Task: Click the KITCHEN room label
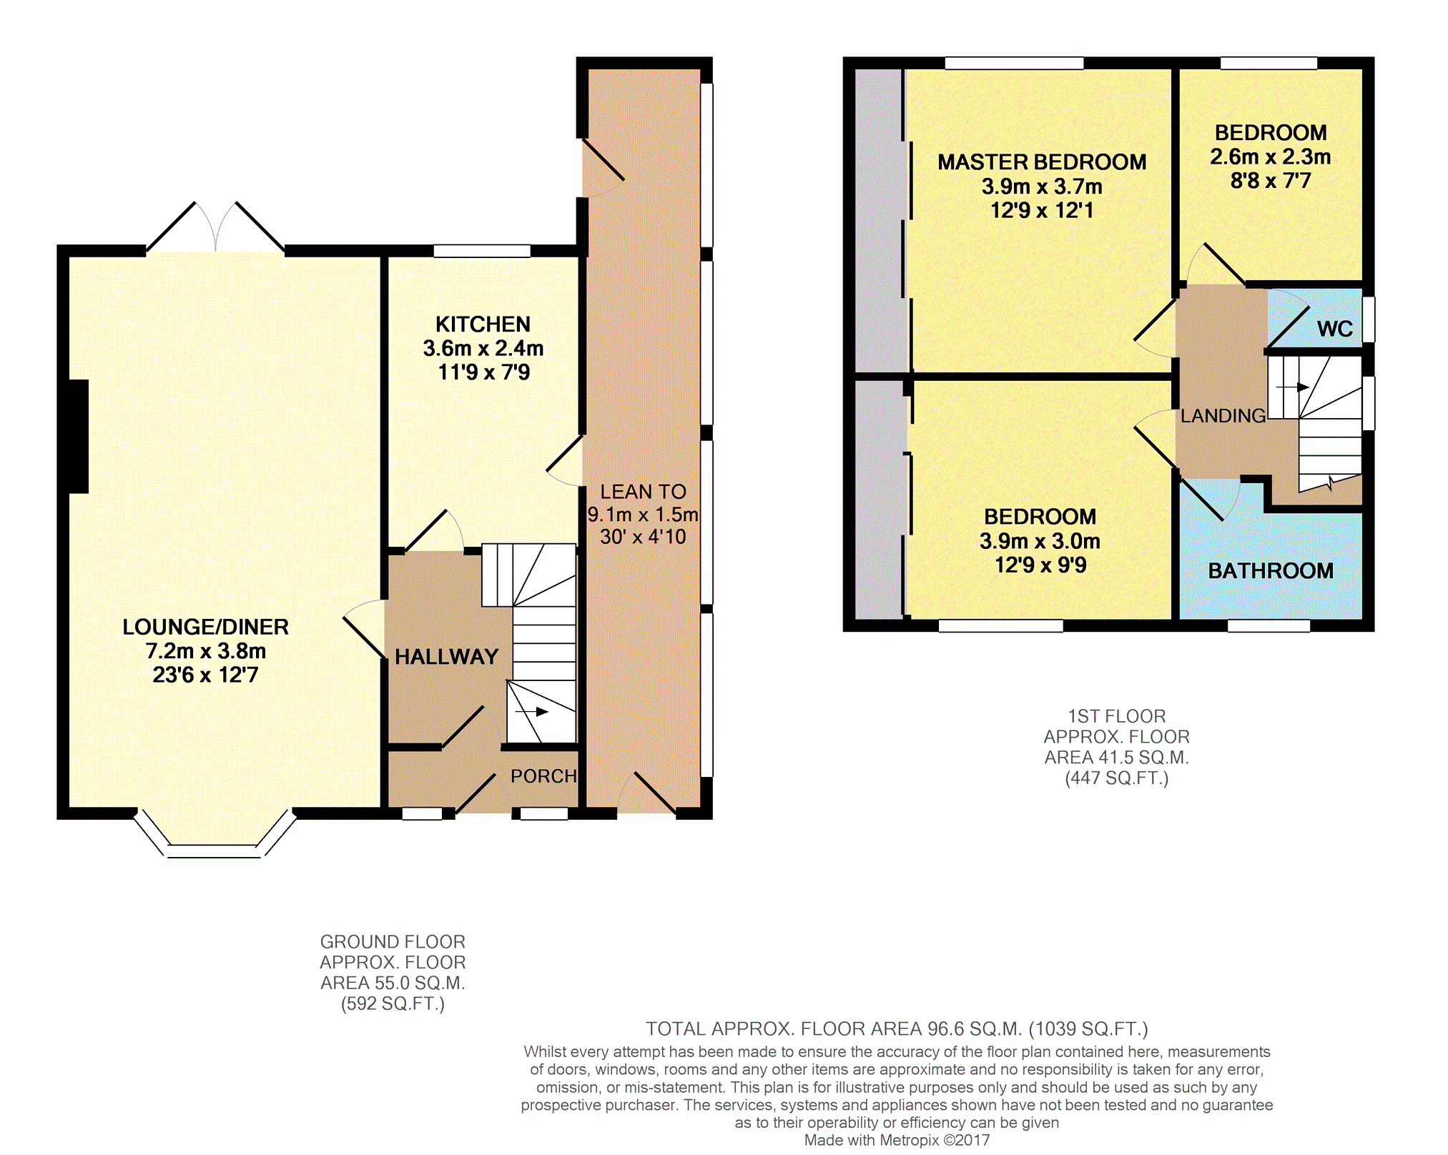[483, 324]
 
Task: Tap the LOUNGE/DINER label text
[206, 627]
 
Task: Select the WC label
[1334, 329]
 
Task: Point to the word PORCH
[543, 776]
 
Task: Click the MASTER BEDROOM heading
[1042, 162]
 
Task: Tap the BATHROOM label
[1271, 571]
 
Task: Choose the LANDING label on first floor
[1223, 416]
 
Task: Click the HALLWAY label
[446, 657]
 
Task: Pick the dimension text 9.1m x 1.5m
[643, 515]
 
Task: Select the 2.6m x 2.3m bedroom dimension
[1271, 157]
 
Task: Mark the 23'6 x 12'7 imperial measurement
[205, 675]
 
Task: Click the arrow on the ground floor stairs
[532, 712]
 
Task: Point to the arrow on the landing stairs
[1293, 387]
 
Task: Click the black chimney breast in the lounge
[79, 437]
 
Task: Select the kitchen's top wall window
[482, 251]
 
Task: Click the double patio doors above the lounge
[215, 227]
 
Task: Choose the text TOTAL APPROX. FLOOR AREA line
[897, 1029]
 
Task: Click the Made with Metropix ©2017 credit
[897, 1140]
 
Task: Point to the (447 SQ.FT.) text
[1117, 778]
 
